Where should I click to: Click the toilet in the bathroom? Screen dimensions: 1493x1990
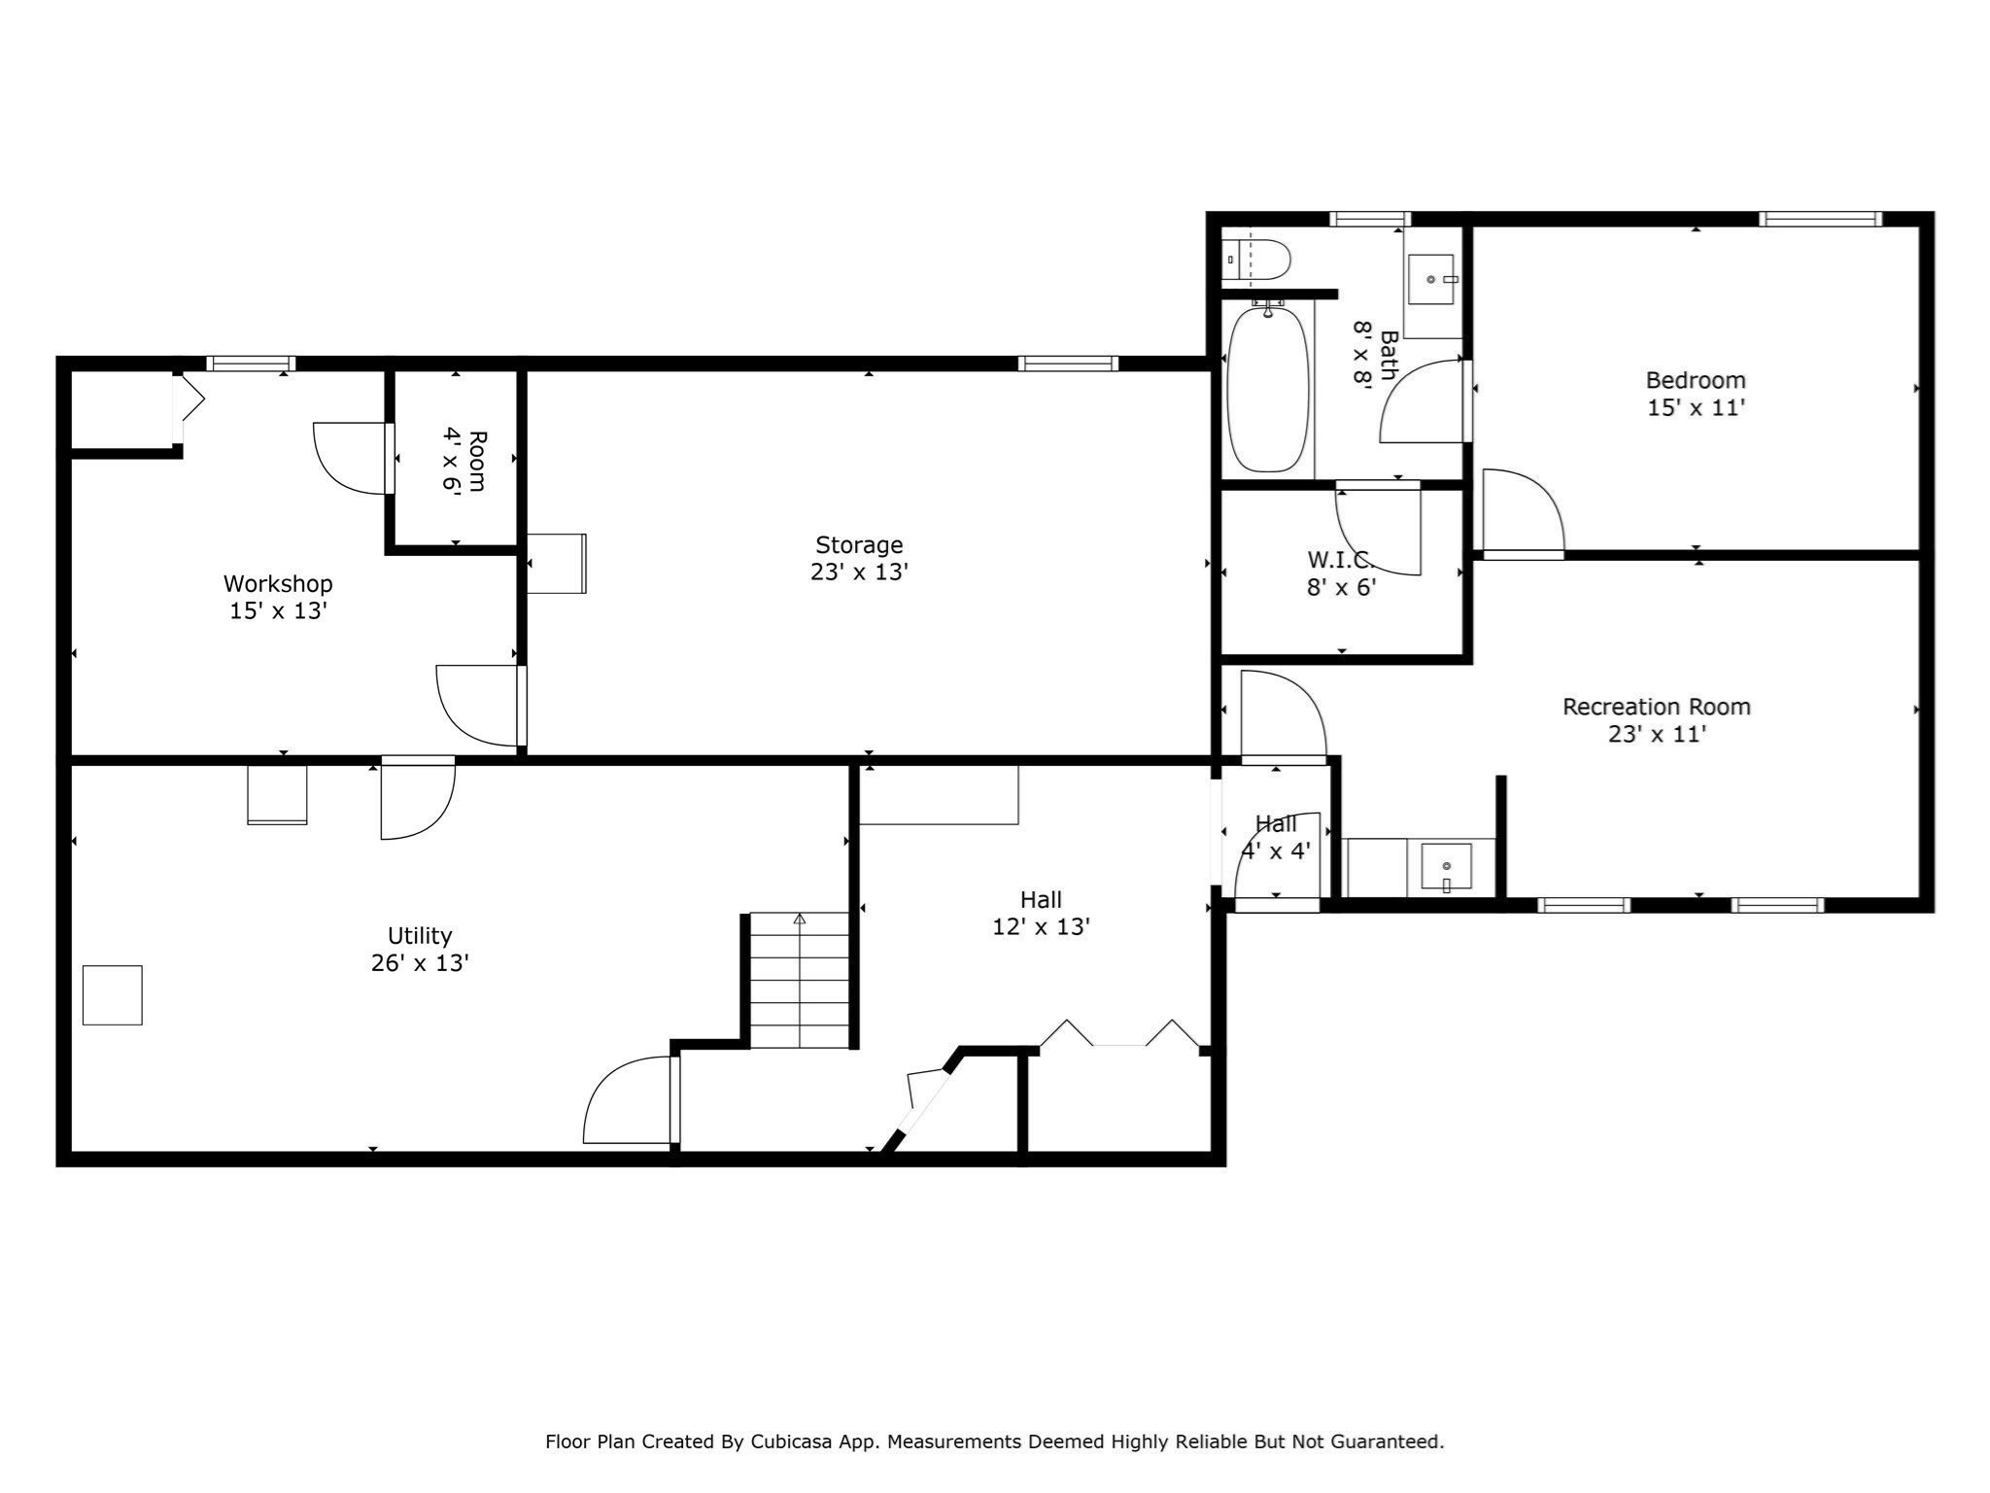point(1258,260)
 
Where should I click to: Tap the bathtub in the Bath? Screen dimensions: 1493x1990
point(1267,389)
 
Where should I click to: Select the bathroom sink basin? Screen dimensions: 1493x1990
point(1431,279)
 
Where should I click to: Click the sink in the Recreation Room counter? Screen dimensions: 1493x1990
point(1446,866)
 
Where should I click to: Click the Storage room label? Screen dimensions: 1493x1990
point(859,545)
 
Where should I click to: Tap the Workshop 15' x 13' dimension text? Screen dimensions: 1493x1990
point(278,611)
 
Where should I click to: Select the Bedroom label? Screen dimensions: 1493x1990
point(1696,381)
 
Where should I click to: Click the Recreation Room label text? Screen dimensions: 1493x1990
point(1656,708)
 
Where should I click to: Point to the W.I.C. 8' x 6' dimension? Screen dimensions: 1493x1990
point(1341,587)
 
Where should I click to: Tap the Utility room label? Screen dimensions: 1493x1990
point(420,936)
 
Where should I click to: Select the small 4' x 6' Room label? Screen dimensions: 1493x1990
point(463,461)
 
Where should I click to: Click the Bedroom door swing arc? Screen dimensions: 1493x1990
point(1522,510)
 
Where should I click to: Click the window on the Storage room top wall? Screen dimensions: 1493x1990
point(1068,364)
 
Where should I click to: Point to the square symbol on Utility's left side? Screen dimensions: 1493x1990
point(113,994)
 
